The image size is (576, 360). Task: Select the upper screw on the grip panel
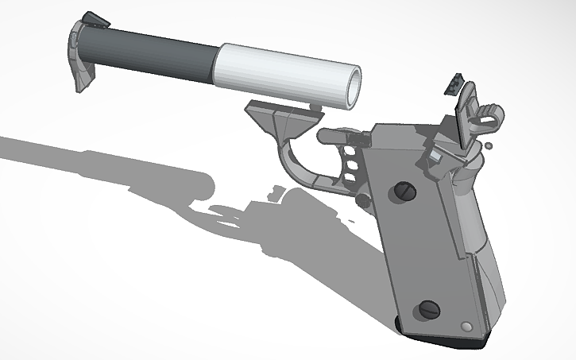coord(403,191)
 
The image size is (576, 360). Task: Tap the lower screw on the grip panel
coord(429,310)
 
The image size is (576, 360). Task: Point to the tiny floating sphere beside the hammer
coord(490,145)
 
